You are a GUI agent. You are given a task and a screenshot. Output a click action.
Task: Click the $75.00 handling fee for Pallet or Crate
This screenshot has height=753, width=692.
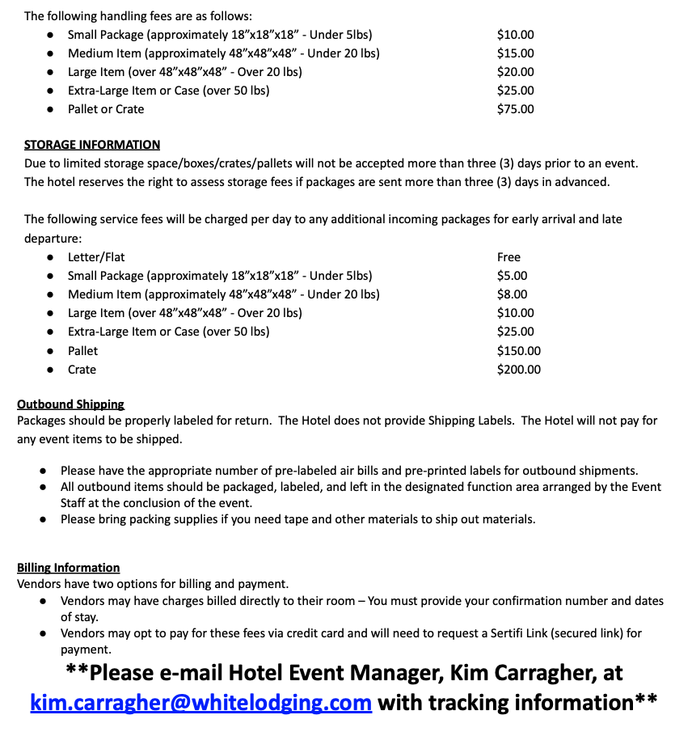click(x=515, y=109)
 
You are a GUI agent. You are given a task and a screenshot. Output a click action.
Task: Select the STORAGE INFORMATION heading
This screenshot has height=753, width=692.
click(x=92, y=145)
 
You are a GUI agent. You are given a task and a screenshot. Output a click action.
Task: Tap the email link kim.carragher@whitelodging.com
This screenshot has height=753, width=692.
click(x=200, y=702)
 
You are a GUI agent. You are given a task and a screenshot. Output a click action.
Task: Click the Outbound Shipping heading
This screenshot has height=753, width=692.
click(x=70, y=404)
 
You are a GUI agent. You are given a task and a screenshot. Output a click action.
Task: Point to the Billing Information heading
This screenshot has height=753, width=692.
click(x=68, y=568)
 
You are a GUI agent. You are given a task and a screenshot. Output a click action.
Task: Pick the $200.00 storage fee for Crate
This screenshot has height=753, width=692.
click(x=518, y=370)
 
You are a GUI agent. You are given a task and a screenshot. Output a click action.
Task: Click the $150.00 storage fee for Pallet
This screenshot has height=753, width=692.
click(x=518, y=351)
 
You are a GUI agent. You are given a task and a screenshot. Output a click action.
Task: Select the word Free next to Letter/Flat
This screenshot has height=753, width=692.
click(x=508, y=257)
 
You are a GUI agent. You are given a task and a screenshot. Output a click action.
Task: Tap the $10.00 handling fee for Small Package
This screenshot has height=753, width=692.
click(x=515, y=35)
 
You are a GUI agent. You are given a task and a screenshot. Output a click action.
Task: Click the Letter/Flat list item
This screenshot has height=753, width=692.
click(x=96, y=257)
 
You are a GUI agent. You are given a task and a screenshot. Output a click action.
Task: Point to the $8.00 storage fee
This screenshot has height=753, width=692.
click(x=512, y=294)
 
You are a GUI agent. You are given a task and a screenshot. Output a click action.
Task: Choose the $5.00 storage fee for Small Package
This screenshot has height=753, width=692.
click(x=512, y=276)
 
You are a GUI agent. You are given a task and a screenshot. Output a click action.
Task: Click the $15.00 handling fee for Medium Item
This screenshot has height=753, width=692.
click(x=515, y=53)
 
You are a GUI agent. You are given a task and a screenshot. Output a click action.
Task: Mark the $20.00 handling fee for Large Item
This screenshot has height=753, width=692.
click(x=515, y=72)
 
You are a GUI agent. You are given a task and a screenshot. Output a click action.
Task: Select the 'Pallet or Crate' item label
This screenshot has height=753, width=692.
click(x=106, y=109)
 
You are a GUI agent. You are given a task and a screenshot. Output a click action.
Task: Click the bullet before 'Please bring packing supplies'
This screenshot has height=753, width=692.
click(x=43, y=520)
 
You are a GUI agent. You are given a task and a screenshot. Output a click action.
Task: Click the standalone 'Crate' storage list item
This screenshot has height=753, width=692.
click(x=82, y=370)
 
